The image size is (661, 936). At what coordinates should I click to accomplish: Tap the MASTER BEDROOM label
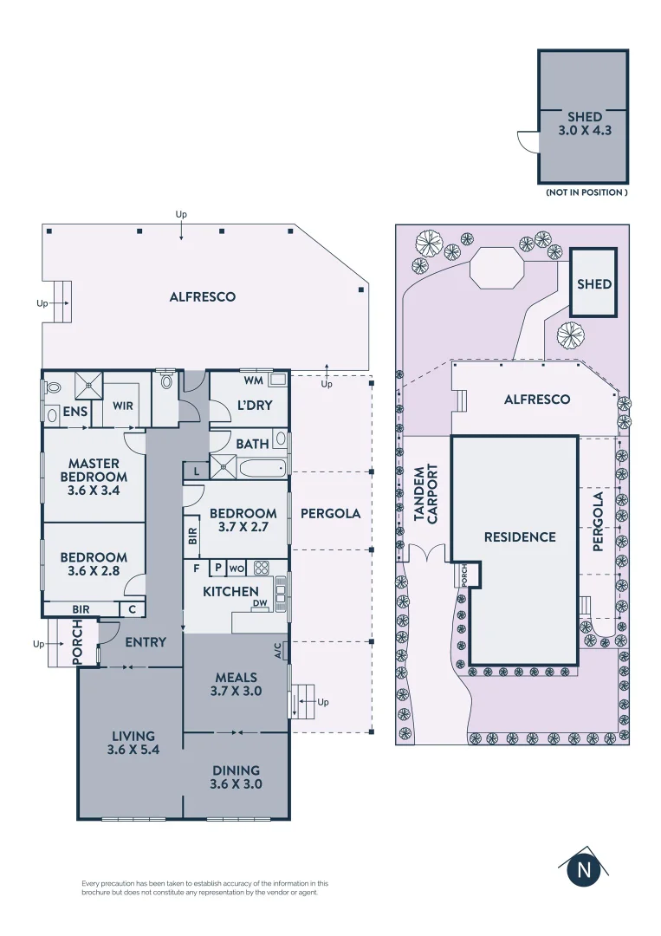click(x=94, y=476)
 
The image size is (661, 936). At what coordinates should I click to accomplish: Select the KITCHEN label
click(x=231, y=592)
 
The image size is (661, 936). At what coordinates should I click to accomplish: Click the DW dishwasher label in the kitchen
click(x=259, y=604)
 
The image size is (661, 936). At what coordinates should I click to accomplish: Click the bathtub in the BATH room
click(x=262, y=469)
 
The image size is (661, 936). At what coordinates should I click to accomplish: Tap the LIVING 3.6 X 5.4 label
click(x=130, y=744)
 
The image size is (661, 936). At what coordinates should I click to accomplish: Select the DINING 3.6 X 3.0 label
click(x=236, y=777)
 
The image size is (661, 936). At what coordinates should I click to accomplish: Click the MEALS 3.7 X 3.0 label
click(x=236, y=684)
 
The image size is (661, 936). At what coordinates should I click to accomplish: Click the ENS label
click(x=75, y=412)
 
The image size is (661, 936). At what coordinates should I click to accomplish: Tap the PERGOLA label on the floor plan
click(x=330, y=513)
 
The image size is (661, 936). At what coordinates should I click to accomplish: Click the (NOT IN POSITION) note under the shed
click(x=586, y=192)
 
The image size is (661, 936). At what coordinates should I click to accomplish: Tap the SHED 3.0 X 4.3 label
click(x=585, y=124)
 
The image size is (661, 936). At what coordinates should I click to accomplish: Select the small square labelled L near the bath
click(x=197, y=471)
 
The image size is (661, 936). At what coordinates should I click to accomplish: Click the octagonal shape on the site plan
click(x=496, y=267)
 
